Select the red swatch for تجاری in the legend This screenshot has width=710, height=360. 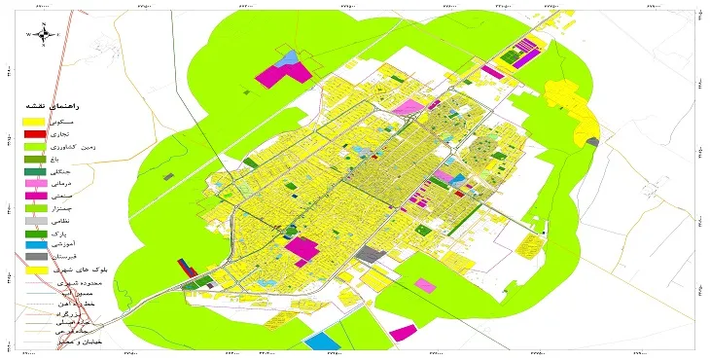35,133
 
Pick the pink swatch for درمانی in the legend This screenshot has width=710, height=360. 35,183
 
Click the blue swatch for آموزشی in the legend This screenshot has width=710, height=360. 35,245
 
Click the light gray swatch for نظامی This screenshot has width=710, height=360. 35,221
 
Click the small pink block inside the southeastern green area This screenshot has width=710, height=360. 425,284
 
